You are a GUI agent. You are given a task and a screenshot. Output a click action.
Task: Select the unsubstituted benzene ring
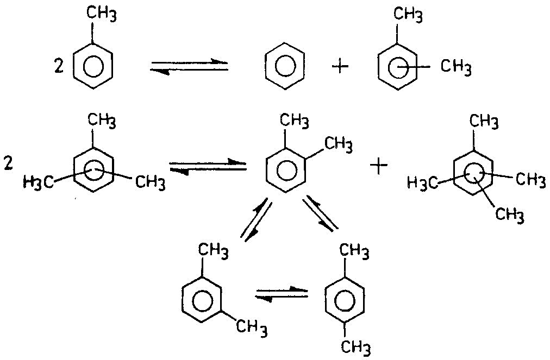(x=285, y=66)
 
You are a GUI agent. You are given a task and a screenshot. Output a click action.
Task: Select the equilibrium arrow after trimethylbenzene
(x=207, y=166)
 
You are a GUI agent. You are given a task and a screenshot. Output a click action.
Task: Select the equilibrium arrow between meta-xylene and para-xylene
(x=282, y=294)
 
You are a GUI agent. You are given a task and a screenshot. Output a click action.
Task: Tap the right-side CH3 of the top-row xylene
(x=455, y=67)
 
